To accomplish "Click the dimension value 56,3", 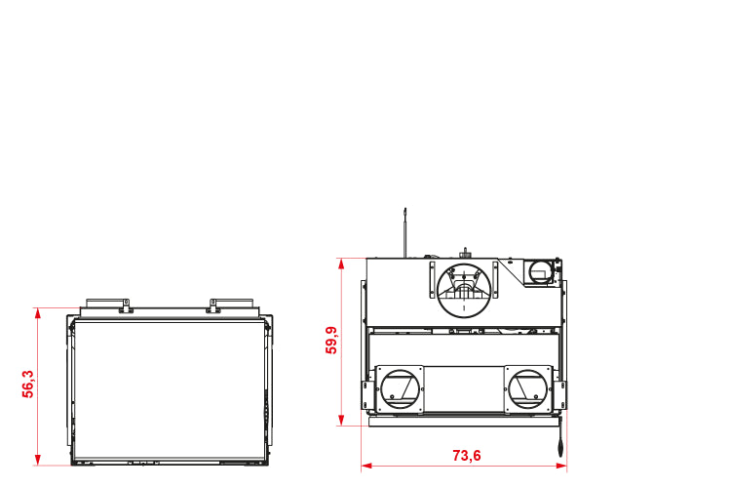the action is pos(28,384).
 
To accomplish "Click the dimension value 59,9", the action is pos(331,340).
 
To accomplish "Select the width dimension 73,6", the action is pos(467,456).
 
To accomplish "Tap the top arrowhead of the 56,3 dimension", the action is pos(38,313).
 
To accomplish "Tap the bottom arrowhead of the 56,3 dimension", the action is pos(38,460).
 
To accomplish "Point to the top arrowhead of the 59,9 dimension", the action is pos(341,264).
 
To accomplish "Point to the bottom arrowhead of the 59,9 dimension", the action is pos(341,420).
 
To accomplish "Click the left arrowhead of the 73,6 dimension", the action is pos(366,466).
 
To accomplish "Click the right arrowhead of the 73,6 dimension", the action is pos(560,466).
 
